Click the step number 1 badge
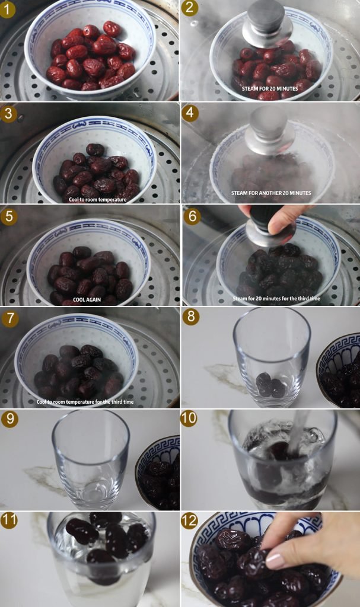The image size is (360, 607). tap(8, 9)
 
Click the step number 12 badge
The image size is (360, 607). tap(190, 521)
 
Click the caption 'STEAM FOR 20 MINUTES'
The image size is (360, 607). tap(270, 89)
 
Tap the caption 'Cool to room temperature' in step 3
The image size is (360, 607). tap(98, 200)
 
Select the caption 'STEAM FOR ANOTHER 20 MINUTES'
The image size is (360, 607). tap(271, 193)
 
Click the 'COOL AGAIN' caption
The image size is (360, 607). tap(87, 299)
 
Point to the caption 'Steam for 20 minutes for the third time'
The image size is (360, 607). tap(276, 299)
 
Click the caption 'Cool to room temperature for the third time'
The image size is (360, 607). tap(85, 402)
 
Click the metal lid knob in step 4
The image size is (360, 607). tap(269, 131)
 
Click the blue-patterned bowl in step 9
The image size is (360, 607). tap(158, 472)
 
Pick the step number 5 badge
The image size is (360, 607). tap(8, 216)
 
